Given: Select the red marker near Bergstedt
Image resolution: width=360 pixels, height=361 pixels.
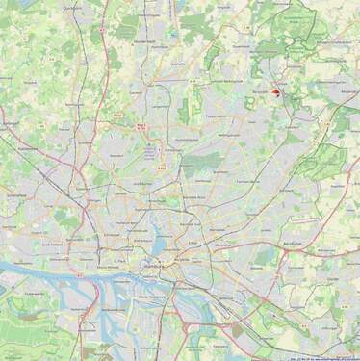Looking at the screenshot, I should (x=276, y=92).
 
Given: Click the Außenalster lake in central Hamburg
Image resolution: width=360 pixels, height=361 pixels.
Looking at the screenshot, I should (x=158, y=231).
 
